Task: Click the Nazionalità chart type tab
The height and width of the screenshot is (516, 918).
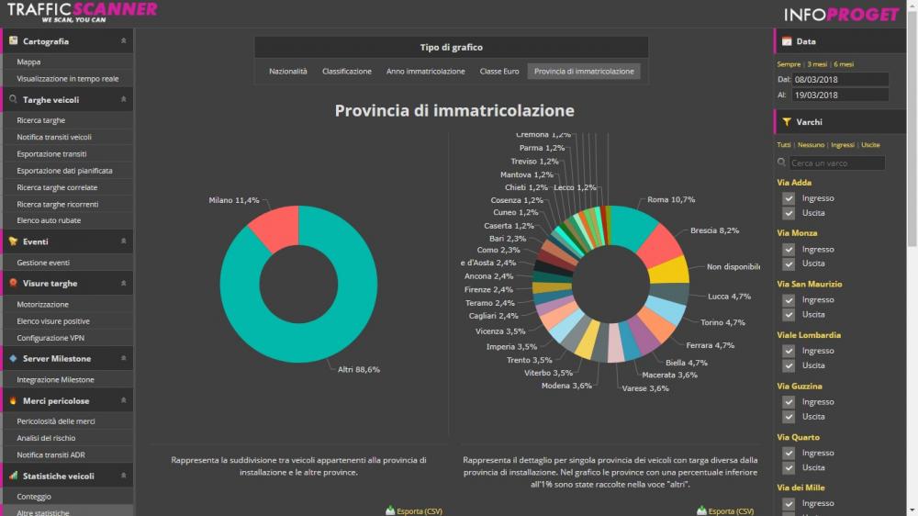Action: tap(287, 71)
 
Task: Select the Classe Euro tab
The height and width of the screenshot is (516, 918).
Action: tap(499, 71)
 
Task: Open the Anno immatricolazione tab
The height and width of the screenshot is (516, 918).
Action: tap(425, 71)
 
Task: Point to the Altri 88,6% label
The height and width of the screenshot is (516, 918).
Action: tap(358, 369)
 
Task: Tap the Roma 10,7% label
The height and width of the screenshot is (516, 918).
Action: tap(671, 199)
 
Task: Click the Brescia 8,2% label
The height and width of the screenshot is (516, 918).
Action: tap(714, 230)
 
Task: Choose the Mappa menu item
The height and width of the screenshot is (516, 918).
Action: tap(28, 62)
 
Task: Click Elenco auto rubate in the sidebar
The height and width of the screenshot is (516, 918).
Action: tap(49, 220)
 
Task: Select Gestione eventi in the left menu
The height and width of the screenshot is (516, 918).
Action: tap(43, 263)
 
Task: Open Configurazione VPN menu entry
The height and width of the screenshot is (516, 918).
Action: tap(50, 338)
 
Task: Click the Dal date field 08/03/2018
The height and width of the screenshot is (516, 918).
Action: tap(839, 80)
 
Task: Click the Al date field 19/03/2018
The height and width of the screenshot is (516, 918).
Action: tap(839, 95)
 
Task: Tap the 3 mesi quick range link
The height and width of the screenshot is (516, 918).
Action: tap(816, 64)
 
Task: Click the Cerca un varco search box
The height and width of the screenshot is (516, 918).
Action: tap(836, 163)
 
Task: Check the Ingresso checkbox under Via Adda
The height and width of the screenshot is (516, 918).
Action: tap(789, 198)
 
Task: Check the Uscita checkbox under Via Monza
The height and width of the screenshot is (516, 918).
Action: tap(789, 264)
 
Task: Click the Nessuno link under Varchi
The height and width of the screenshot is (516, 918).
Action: tap(811, 145)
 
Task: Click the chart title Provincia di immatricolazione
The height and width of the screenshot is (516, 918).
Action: tap(454, 111)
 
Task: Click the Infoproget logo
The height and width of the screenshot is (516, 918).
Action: tap(841, 14)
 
